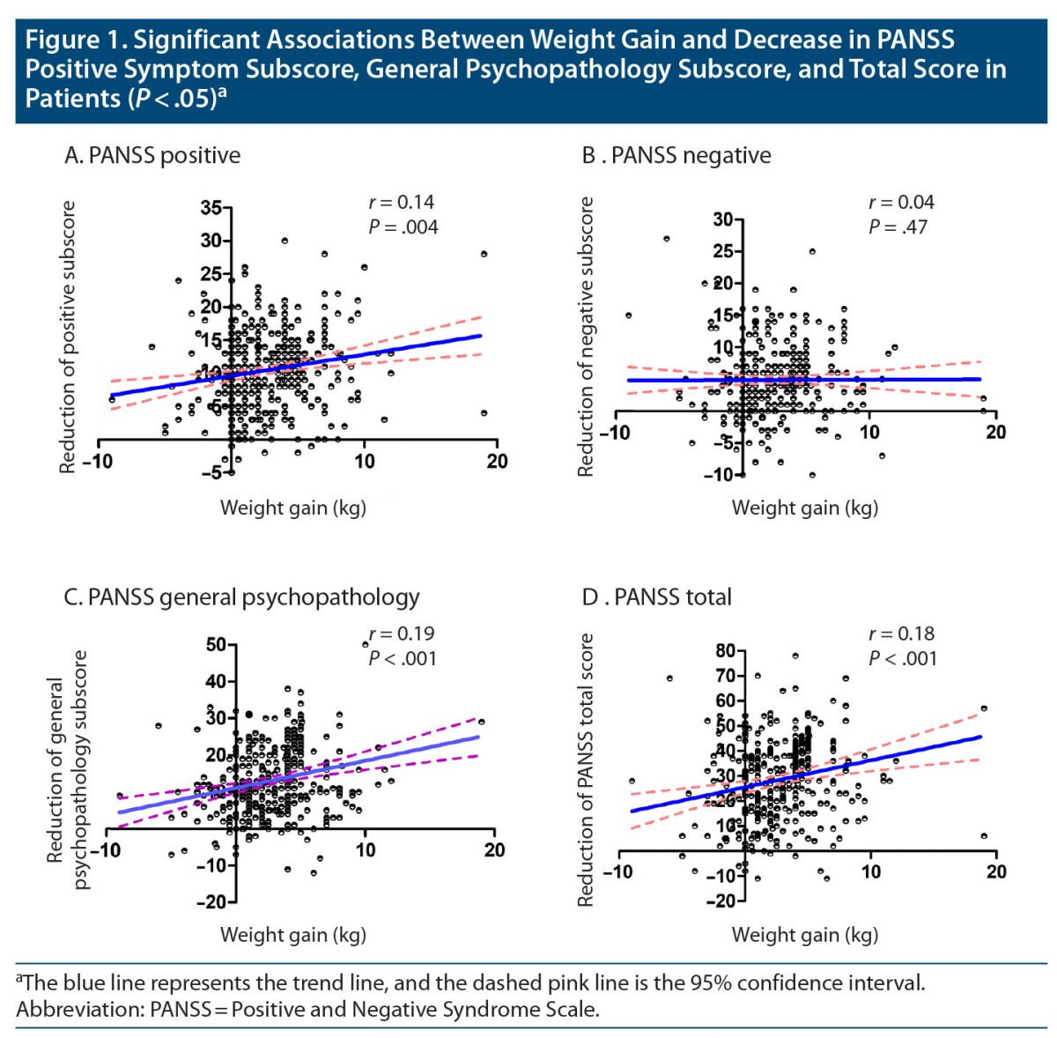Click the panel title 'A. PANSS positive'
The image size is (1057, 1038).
point(152,156)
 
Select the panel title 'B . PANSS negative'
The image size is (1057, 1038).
point(676,156)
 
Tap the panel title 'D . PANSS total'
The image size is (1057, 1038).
point(656,597)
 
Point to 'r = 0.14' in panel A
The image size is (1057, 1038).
point(401,202)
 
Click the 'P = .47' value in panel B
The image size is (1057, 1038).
point(898,227)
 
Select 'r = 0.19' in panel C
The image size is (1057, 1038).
point(402,634)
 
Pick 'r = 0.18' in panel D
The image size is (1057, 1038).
point(901,634)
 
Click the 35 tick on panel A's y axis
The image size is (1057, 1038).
point(211,209)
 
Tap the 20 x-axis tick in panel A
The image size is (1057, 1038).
point(497,461)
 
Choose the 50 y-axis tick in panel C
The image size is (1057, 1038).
point(216,645)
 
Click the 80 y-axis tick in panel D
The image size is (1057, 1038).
point(725,651)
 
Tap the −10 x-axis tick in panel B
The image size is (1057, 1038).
point(614,433)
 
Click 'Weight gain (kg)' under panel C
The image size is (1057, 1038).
point(292,935)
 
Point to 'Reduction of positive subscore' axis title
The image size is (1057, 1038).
point(68,337)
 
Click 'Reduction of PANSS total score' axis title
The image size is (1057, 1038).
point(586,770)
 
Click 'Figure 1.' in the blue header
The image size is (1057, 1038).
point(75,41)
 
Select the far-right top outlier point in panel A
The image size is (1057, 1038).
point(484,254)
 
